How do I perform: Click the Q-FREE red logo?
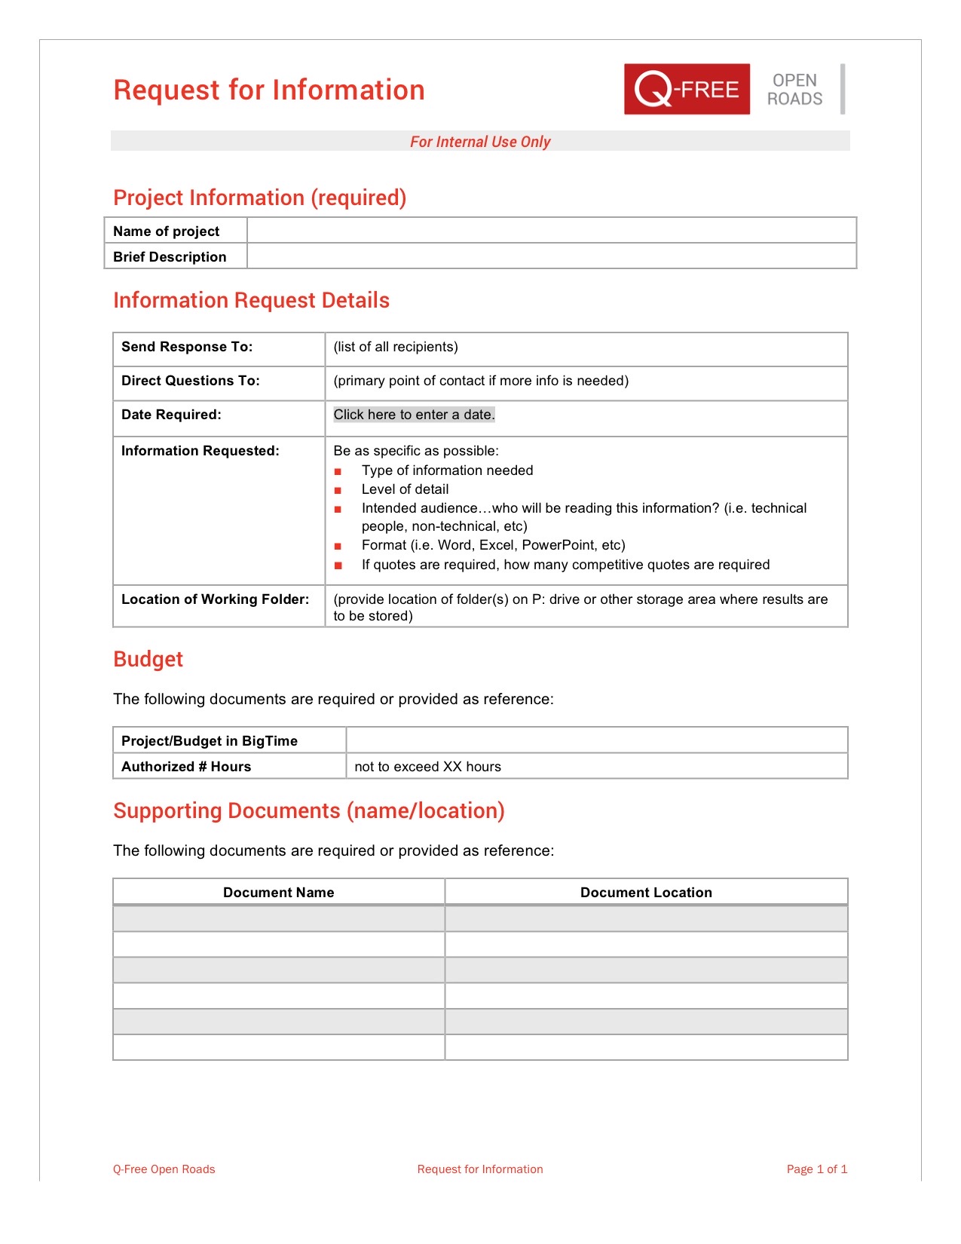[687, 89]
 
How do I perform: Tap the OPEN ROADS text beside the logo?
[794, 90]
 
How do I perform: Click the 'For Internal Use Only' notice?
[480, 142]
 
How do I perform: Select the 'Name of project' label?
[166, 231]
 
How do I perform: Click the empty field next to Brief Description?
[551, 256]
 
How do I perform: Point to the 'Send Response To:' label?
[187, 347]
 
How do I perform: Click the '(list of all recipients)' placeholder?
[396, 347]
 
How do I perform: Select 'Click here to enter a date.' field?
[414, 415]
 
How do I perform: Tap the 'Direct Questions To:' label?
[190, 381]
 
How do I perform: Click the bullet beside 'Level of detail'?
[338, 490]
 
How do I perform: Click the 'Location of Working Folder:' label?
[215, 599]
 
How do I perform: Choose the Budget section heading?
[148, 659]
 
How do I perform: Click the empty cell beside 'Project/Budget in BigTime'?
[596, 740]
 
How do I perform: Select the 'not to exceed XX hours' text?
[427, 767]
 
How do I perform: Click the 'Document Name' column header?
[278, 893]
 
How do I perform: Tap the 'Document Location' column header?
[646, 893]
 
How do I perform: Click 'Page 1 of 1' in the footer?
[816, 1169]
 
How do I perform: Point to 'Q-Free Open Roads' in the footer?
[164, 1169]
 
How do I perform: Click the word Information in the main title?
[348, 90]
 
